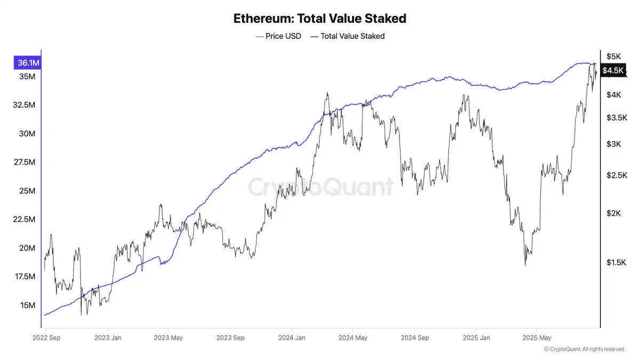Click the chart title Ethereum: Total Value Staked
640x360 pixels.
click(320, 18)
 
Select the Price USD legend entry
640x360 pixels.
click(278, 36)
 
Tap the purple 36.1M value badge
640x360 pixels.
click(28, 63)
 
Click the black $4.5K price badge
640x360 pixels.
click(612, 70)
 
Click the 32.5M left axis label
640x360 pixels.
click(24, 105)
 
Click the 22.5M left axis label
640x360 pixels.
click(24, 220)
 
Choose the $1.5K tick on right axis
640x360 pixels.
click(616, 262)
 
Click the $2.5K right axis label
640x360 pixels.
click(616, 175)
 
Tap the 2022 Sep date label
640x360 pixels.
click(46, 338)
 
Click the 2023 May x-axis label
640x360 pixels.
click(169, 338)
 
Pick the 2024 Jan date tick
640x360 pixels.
click(292, 338)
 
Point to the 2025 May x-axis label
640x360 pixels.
click(537, 338)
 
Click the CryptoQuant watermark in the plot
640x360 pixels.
click(320, 187)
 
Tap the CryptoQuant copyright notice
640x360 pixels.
click(584, 349)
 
